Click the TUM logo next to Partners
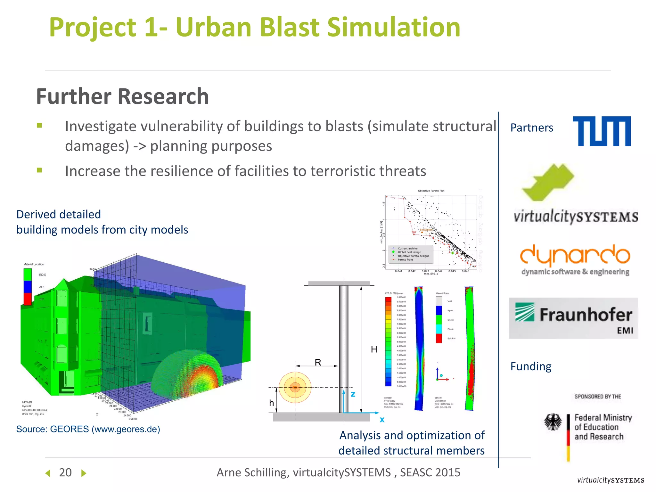tap(602, 131)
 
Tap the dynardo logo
tap(575, 259)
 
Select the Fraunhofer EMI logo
tap(573, 318)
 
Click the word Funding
tap(531, 366)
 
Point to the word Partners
tap(531, 128)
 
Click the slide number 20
tap(65, 472)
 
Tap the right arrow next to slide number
tap(84, 473)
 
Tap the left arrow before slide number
tap(48, 473)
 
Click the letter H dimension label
tap(374, 349)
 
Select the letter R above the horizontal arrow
tap(318, 362)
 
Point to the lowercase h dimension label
tap(271, 403)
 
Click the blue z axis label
tap(353, 394)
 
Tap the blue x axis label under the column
tap(382, 420)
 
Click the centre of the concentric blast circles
tap(295, 388)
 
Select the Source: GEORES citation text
tap(88, 429)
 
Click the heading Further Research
tap(122, 96)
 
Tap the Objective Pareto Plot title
tap(431, 191)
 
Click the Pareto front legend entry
tap(405, 260)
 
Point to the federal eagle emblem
tap(553, 422)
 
